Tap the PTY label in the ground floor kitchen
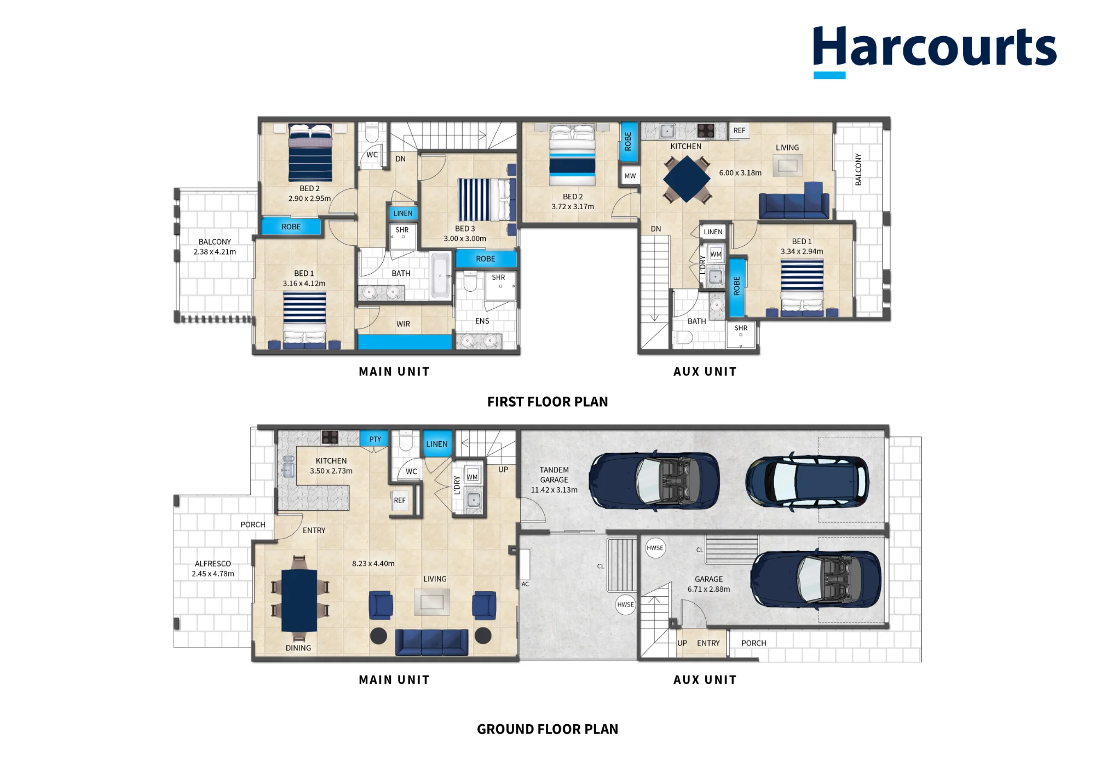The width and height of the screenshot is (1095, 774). (375, 439)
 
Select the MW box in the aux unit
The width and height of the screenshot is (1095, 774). (630, 176)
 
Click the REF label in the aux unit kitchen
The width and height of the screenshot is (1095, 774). (739, 130)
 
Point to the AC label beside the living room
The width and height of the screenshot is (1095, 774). (525, 584)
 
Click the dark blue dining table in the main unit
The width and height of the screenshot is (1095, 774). (299, 601)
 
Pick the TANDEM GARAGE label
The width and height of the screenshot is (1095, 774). (554, 475)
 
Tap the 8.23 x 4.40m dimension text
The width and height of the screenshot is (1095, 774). (373, 563)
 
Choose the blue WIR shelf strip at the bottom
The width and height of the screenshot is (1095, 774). (405, 342)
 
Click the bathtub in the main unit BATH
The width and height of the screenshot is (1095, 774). (440, 275)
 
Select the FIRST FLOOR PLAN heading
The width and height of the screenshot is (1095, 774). (547, 402)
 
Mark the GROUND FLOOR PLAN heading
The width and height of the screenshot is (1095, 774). (547, 729)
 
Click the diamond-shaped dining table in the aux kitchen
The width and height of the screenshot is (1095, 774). (687, 179)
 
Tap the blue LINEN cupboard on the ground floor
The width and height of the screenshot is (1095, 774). (437, 444)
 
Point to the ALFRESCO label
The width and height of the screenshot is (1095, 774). (213, 563)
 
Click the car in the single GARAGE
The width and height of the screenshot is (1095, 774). (816, 580)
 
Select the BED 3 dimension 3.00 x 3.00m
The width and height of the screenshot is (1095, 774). (465, 239)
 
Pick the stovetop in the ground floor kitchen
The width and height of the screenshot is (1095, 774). (330, 437)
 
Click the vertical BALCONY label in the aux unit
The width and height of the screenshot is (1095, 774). (858, 169)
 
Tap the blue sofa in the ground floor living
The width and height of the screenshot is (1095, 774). (432, 642)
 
